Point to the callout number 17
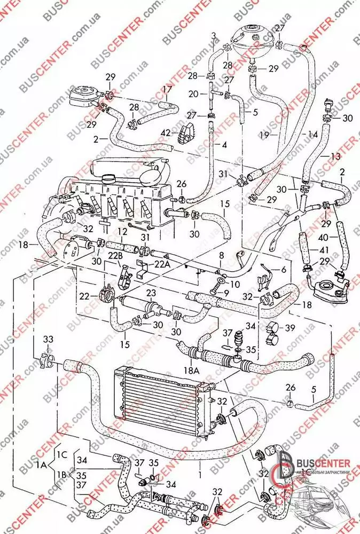[167, 89]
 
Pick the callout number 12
[123, 231]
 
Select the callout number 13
[335, 156]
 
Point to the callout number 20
[193, 94]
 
